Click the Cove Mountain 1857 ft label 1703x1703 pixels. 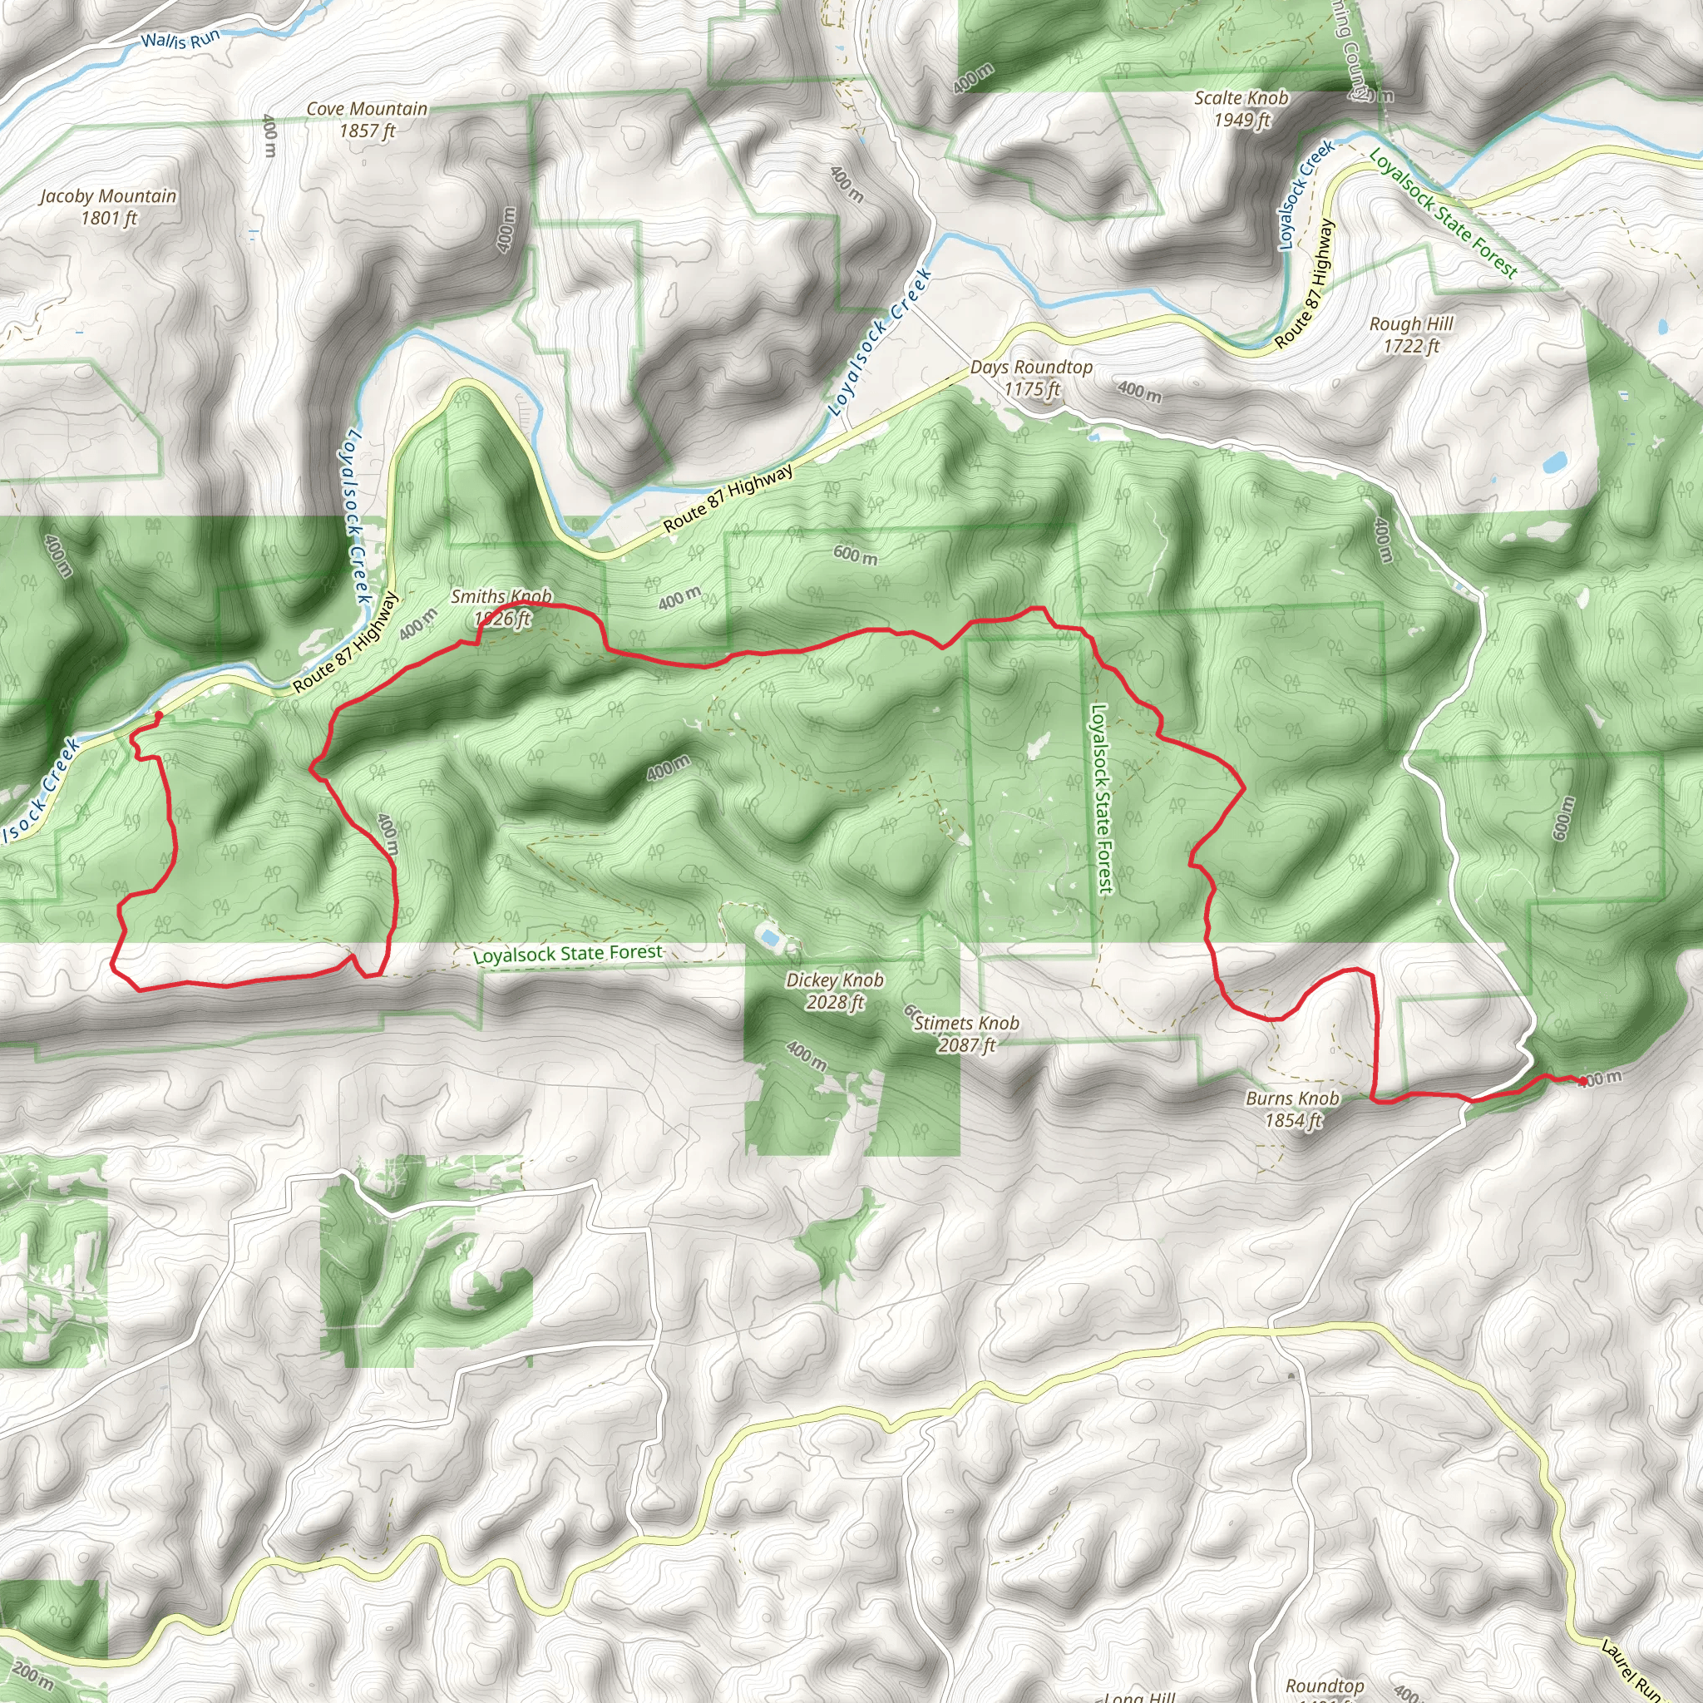click(367, 119)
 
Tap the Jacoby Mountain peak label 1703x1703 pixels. click(108, 206)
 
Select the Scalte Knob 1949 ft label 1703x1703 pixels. click(1241, 108)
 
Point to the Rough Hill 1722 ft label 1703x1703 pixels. click(1411, 335)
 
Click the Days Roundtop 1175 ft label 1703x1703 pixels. click(1031, 378)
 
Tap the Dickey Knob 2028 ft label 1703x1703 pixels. click(835, 990)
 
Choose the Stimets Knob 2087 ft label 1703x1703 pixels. click(966, 1034)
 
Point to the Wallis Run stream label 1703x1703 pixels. click(180, 40)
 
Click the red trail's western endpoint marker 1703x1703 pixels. click(159, 715)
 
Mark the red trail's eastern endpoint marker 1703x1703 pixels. click(1583, 1081)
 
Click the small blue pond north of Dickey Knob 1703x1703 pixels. click(769, 937)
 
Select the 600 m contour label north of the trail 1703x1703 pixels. click(855, 555)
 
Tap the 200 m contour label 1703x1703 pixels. click(33, 1671)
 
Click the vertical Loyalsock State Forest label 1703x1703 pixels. click(1101, 797)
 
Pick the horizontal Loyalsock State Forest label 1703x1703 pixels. click(568, 955)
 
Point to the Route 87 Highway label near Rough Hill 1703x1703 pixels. click(1305, 284)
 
